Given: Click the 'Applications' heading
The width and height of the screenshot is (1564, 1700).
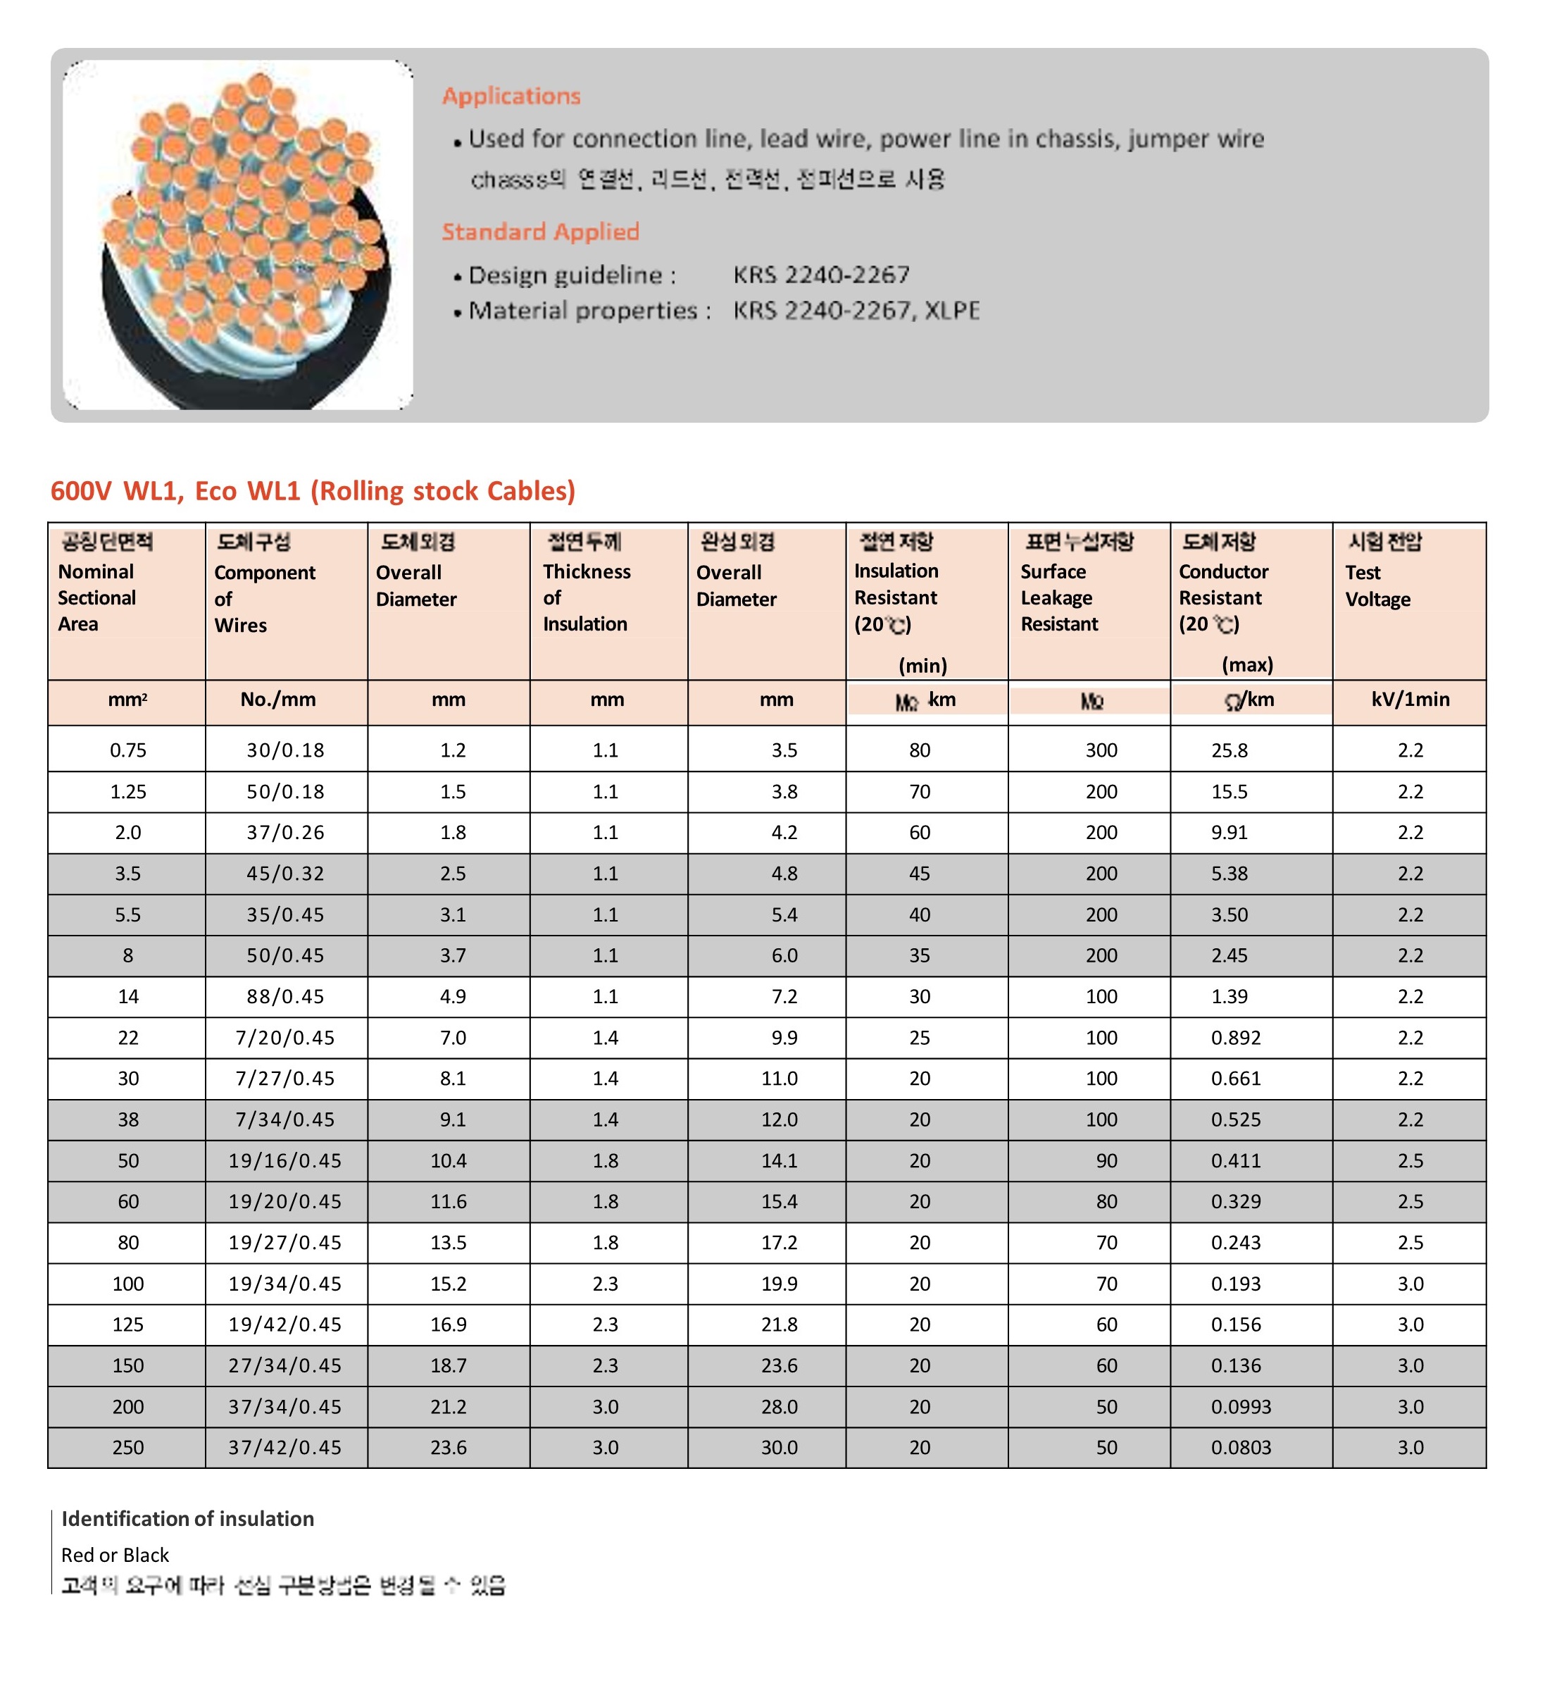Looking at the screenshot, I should tap(511, 96).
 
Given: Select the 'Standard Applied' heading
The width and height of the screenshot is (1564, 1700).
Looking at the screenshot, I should tap(540, 231).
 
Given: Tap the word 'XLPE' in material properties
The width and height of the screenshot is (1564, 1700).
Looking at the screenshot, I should tap(952, 311).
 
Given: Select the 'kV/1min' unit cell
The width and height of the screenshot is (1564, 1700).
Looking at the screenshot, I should tap(1410, 700).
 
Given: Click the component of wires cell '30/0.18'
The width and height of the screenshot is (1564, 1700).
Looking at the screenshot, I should tap(285, 750).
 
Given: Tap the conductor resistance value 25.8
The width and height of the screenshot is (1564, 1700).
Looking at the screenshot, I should tap(1229, 750).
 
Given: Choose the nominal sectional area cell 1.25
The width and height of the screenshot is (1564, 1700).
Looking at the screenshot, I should tap(127, 792).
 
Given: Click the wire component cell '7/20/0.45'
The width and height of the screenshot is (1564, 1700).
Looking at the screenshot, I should tap(285, 1038).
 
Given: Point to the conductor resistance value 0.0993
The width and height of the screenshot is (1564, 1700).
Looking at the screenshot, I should tap(1241, 1407).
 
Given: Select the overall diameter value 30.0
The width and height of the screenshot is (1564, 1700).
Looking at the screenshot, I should tap(779, 1448).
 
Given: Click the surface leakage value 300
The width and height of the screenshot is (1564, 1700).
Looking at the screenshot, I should tap(1101, 750).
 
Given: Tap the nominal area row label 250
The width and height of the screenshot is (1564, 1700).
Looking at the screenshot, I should tap(127, 1448).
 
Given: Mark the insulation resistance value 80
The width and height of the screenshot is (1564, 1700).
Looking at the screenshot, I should tap(919, 750).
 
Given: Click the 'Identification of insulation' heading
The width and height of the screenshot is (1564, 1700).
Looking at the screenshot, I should tap(187, 1519).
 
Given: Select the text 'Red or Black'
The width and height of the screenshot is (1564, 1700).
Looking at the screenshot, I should tap(115, 1556).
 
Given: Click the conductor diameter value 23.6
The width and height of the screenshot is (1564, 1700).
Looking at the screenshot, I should tap(449, 1448).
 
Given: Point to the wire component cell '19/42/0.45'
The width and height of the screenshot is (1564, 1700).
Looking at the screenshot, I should tap(285, 1325).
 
